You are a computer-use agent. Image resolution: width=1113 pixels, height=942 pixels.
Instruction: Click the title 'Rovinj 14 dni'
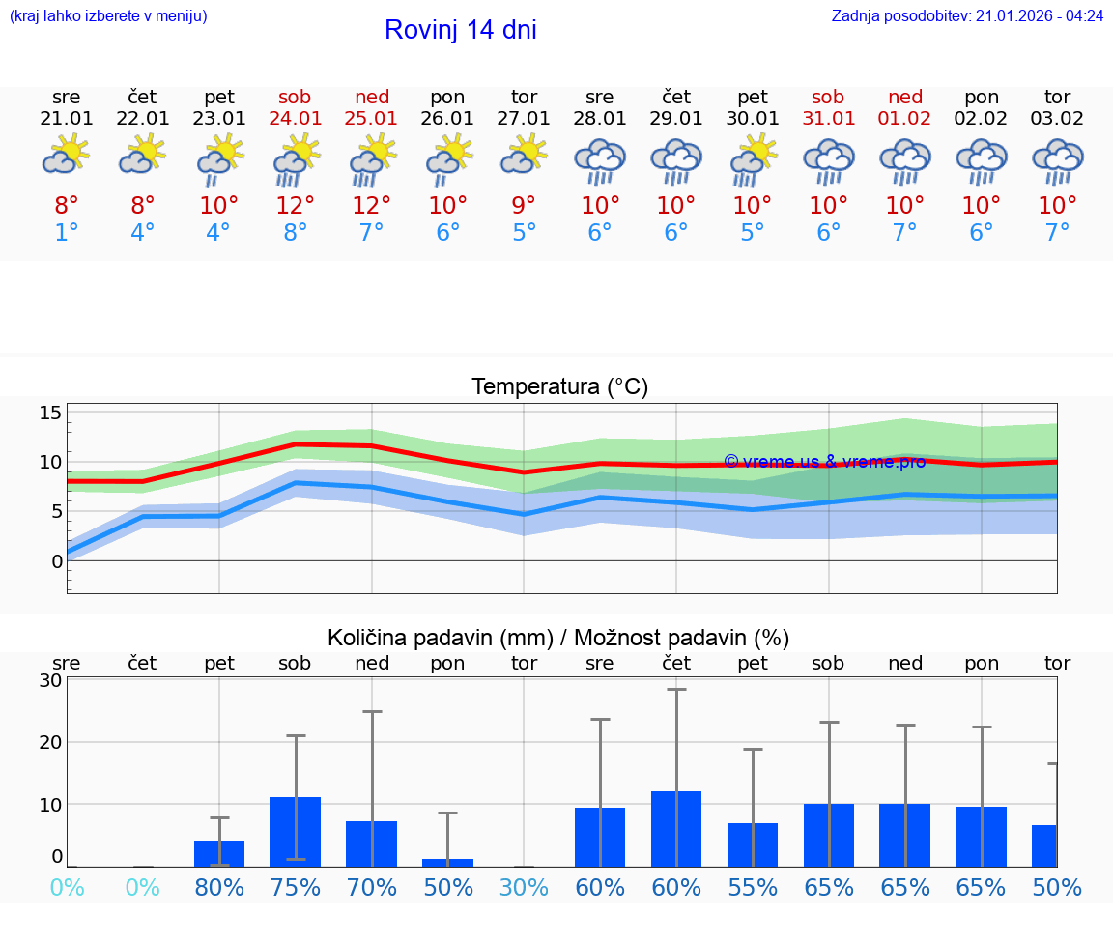460,30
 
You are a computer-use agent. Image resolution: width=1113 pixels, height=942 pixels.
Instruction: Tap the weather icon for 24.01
296,160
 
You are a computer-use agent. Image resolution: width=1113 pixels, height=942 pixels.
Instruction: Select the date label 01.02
905,119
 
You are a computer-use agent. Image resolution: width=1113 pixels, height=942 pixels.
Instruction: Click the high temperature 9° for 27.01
524,206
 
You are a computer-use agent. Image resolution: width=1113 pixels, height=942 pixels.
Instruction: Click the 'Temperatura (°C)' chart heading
559,387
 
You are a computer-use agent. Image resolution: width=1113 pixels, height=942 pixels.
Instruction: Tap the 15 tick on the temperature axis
50,414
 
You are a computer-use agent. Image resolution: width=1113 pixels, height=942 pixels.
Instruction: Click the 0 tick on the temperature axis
56,561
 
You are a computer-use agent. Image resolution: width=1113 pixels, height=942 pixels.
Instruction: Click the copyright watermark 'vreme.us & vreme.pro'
824,462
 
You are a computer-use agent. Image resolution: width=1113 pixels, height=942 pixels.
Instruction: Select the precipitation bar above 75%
296,831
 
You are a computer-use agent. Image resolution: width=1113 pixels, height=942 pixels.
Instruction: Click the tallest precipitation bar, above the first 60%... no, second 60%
676,828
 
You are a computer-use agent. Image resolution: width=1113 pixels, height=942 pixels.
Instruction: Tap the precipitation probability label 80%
219,888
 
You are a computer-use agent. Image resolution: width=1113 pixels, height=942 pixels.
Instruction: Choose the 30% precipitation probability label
524,888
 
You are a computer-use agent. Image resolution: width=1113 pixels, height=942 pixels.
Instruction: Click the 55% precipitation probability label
753,888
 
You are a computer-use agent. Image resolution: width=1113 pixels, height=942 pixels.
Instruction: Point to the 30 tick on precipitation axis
50,680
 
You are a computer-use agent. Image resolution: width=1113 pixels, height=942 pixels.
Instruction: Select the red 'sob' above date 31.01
828,97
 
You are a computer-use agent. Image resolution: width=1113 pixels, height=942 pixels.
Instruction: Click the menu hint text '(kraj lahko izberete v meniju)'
108,16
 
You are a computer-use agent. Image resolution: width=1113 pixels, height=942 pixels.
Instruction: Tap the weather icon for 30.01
753,160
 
